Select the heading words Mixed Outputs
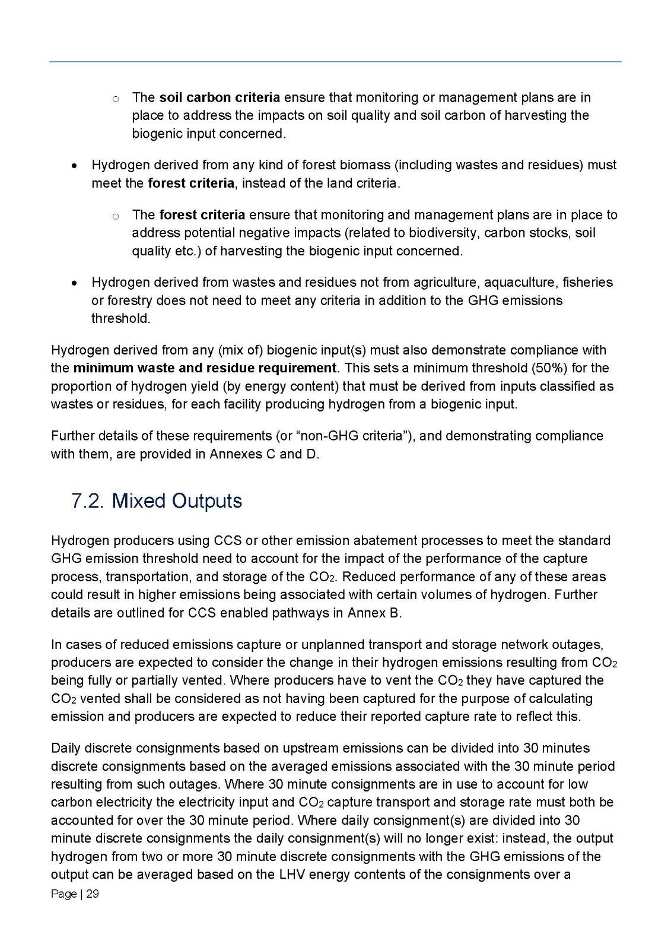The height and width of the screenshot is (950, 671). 177,501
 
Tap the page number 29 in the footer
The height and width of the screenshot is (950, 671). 93,894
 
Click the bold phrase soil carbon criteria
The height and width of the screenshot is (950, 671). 220,97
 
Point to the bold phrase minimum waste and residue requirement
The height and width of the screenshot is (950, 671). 205,368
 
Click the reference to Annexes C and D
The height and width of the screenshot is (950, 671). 265,454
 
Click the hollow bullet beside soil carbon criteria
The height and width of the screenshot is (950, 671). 116,99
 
